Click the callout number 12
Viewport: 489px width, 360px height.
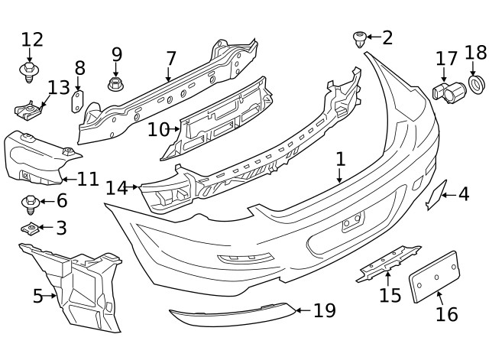coord(32,40)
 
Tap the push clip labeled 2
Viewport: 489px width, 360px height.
coord(359,39)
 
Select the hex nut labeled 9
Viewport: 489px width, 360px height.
coord(115,83)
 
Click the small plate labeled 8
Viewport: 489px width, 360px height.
coord(78,102)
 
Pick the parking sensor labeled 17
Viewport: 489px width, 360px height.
coord(449,92)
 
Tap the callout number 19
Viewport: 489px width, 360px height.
coord(324,310)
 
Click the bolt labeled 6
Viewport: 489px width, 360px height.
coord(30,204)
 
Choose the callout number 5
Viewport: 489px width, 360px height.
coord(37,296)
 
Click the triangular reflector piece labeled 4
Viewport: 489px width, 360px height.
coord(436,195)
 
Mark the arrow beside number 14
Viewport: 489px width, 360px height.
coord(133,187)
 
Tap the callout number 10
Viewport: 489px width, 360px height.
coord(158,129)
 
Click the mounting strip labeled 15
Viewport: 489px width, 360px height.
coord(388,263)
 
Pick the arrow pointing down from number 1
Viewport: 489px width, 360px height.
coord(340,175)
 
